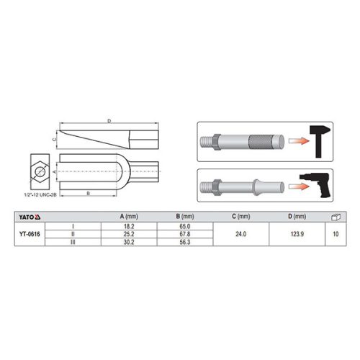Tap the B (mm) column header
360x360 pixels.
[x=185, y=215]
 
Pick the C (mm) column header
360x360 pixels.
[x=240, y=215]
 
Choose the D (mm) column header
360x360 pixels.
[x=295, y=215]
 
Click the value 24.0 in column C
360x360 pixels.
[x=240, y=234]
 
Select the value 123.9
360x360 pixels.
[x=295, y=234]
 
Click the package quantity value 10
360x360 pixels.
[x=335, y=234]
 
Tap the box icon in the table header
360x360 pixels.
[x=335, y=215]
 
